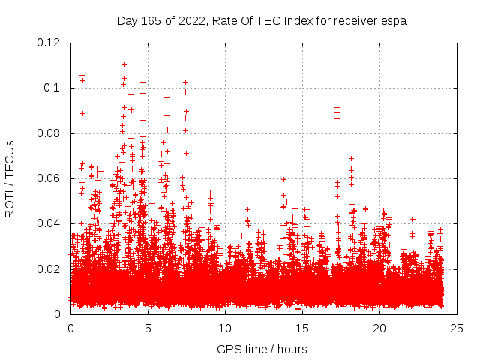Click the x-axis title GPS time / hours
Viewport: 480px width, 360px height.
pos(262,349)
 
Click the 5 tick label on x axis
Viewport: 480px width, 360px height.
pos(148,328)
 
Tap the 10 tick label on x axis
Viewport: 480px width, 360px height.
pos(225,328)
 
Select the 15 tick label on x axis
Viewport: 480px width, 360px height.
pos(302,328)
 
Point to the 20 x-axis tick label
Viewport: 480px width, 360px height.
pos(379,328)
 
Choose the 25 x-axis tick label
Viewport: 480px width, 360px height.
pos(457,328)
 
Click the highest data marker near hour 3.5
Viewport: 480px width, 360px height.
pos(124,64)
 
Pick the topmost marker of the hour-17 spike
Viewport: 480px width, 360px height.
pos(337,107)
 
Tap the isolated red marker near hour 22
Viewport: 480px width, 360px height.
pos(412,219)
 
